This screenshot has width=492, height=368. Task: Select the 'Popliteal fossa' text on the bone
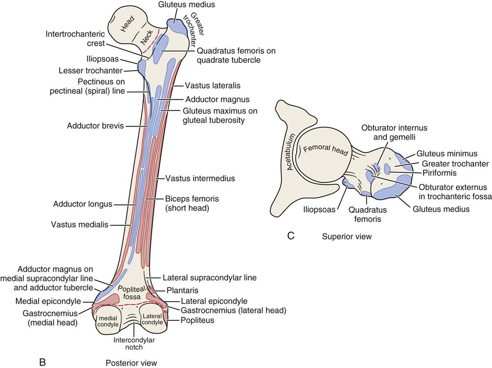click(x=130, y=292)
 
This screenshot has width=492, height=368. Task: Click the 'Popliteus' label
click(x=197, y=320)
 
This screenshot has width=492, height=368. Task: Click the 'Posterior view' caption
click(x=131, y=363)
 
